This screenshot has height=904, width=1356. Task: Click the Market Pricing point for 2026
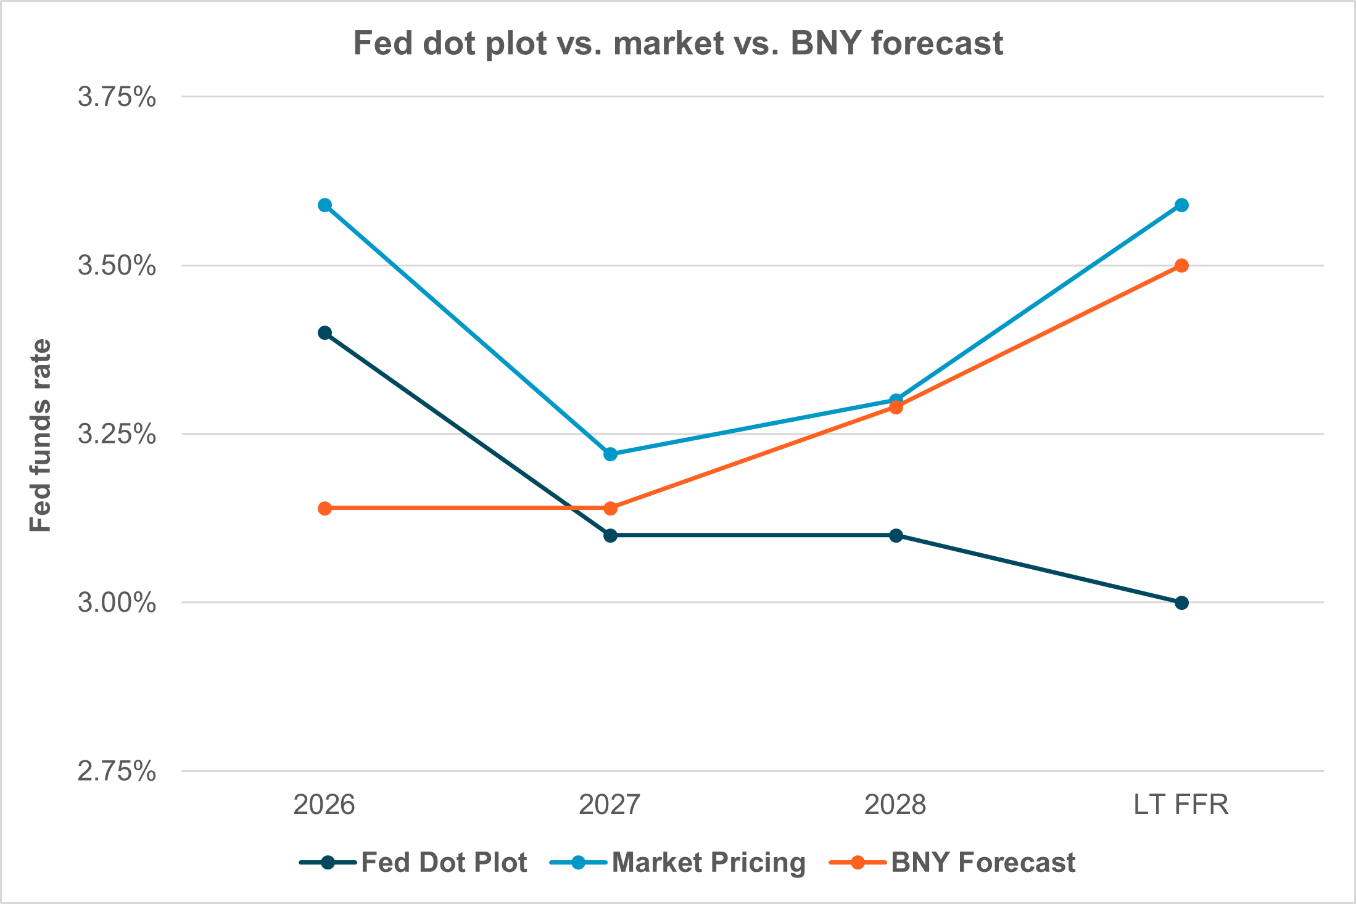click(325, 205)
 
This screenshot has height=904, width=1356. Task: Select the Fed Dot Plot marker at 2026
click(325, 333)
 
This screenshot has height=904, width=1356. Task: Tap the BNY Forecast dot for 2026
click(325, 508)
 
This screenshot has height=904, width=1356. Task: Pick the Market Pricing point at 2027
click(610, 454)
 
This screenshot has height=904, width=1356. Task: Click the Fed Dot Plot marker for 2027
click(610, 535)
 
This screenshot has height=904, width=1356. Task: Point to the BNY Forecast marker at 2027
click(610, 508)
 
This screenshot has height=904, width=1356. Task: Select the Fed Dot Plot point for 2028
click(896, 535)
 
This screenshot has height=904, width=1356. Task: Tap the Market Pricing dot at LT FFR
click(1181, 205)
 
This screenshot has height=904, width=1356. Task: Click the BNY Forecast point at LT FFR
click(1181, 266)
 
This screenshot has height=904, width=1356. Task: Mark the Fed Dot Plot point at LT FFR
click(1181, 602)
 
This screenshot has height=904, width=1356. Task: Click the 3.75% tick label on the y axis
click(117, 97)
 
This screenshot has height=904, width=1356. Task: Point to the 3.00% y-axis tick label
click(117, 603)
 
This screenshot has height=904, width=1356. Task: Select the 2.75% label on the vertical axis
click(117, 771)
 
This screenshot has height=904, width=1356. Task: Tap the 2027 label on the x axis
click(610, 805)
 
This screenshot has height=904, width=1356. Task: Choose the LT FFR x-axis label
click(1181, 805)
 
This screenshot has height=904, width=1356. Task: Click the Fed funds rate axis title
click(41, 435)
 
